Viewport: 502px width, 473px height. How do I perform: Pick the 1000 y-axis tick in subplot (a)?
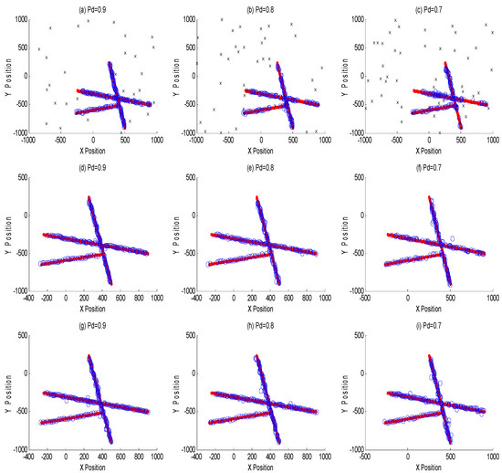(19, 15)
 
